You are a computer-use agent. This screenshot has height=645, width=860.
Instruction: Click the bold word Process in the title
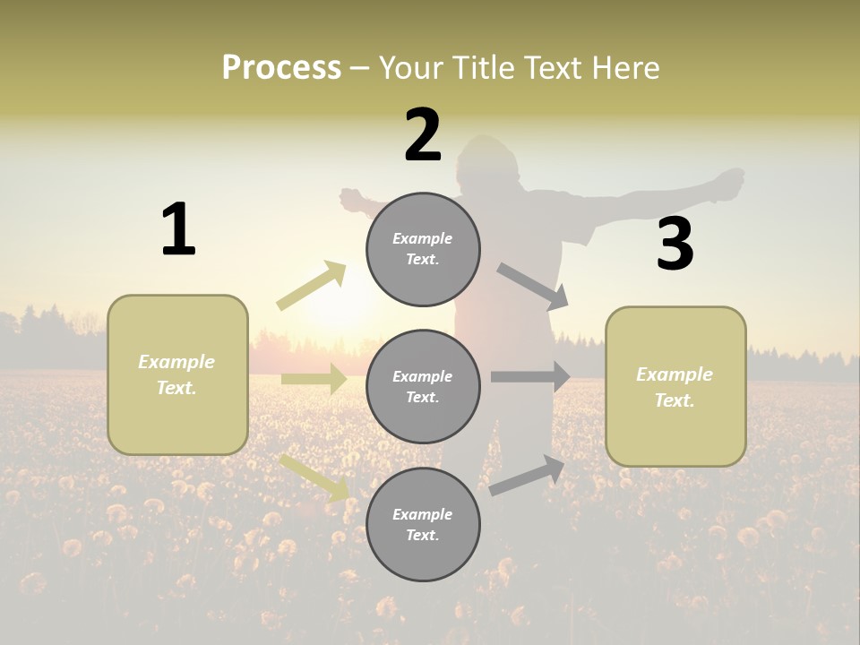click(x=281, y=68)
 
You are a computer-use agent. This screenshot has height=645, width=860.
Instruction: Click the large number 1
click(x=178, y=229)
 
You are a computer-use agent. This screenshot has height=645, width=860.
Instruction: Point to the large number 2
click(x=423, y=135)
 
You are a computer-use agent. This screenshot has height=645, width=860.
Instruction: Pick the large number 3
click(x=675, y=244)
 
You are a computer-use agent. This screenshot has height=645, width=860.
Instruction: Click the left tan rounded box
click(x=177, y=374)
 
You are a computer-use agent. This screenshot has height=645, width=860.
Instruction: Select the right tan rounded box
click(x=675, y=386)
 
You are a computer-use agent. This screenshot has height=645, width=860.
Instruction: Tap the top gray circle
click(x=423, y=249)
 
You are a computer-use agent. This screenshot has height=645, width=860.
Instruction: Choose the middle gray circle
click(x=423, y=386)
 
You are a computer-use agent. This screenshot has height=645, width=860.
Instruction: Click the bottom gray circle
click(x=423, y=524)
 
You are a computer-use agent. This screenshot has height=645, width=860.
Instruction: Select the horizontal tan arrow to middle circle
click(x=314, y=379)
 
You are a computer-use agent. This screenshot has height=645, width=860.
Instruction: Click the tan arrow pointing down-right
click(x=314, y=477)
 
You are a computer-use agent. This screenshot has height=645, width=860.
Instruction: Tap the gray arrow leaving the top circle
click(x=532, y=286)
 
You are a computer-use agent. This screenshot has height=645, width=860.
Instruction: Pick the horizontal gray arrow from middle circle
click(x=530, y=377)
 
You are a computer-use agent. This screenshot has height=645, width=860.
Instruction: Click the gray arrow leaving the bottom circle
click(x=528, y=475)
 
